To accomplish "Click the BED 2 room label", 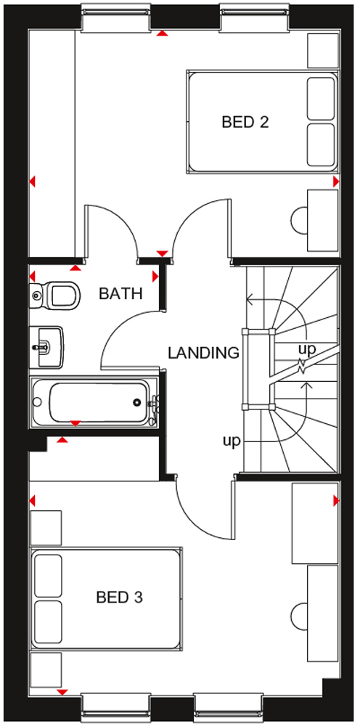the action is pos(245,122).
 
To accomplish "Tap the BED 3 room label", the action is pos(119,597).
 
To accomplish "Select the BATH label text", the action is pos(120,293).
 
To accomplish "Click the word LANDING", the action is pos(204,353).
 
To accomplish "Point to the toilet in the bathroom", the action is pos(54,295).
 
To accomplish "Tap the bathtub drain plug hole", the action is pos(137,402).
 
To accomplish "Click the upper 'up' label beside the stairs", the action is pos(307,349).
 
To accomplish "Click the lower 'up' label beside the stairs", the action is pos(232,441).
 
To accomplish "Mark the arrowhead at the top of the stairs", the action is pos(250,301).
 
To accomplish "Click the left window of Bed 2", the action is pos(116,18).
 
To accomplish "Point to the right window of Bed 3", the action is pos(230,707).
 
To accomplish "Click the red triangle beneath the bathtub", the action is pos(75,423).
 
